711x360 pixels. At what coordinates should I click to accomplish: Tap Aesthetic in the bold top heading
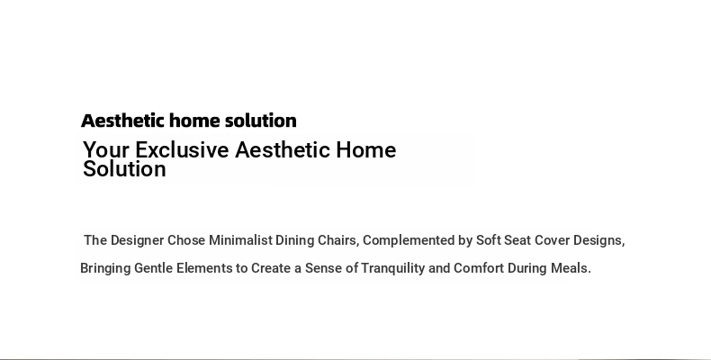(x=122, y=121)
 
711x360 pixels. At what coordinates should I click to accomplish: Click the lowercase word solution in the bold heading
(x=261, y=121)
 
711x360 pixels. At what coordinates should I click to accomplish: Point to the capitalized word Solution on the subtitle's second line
(x=125, y=169)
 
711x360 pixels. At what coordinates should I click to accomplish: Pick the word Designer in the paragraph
(x=137, y=240)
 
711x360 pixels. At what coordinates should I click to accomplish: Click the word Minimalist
(x=240, y=240)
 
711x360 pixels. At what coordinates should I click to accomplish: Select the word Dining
(x=294, y=240)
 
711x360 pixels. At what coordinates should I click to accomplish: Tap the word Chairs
(x=338, y=240)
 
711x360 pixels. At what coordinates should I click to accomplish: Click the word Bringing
(x=105, y=268)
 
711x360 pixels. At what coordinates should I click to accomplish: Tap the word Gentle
(x=154, y=268)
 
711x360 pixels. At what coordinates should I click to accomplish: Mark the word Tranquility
(x=392, y=268)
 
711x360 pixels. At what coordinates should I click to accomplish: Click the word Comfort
(x=479, y=268)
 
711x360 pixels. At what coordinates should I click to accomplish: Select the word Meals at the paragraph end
(x=571, y=268)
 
